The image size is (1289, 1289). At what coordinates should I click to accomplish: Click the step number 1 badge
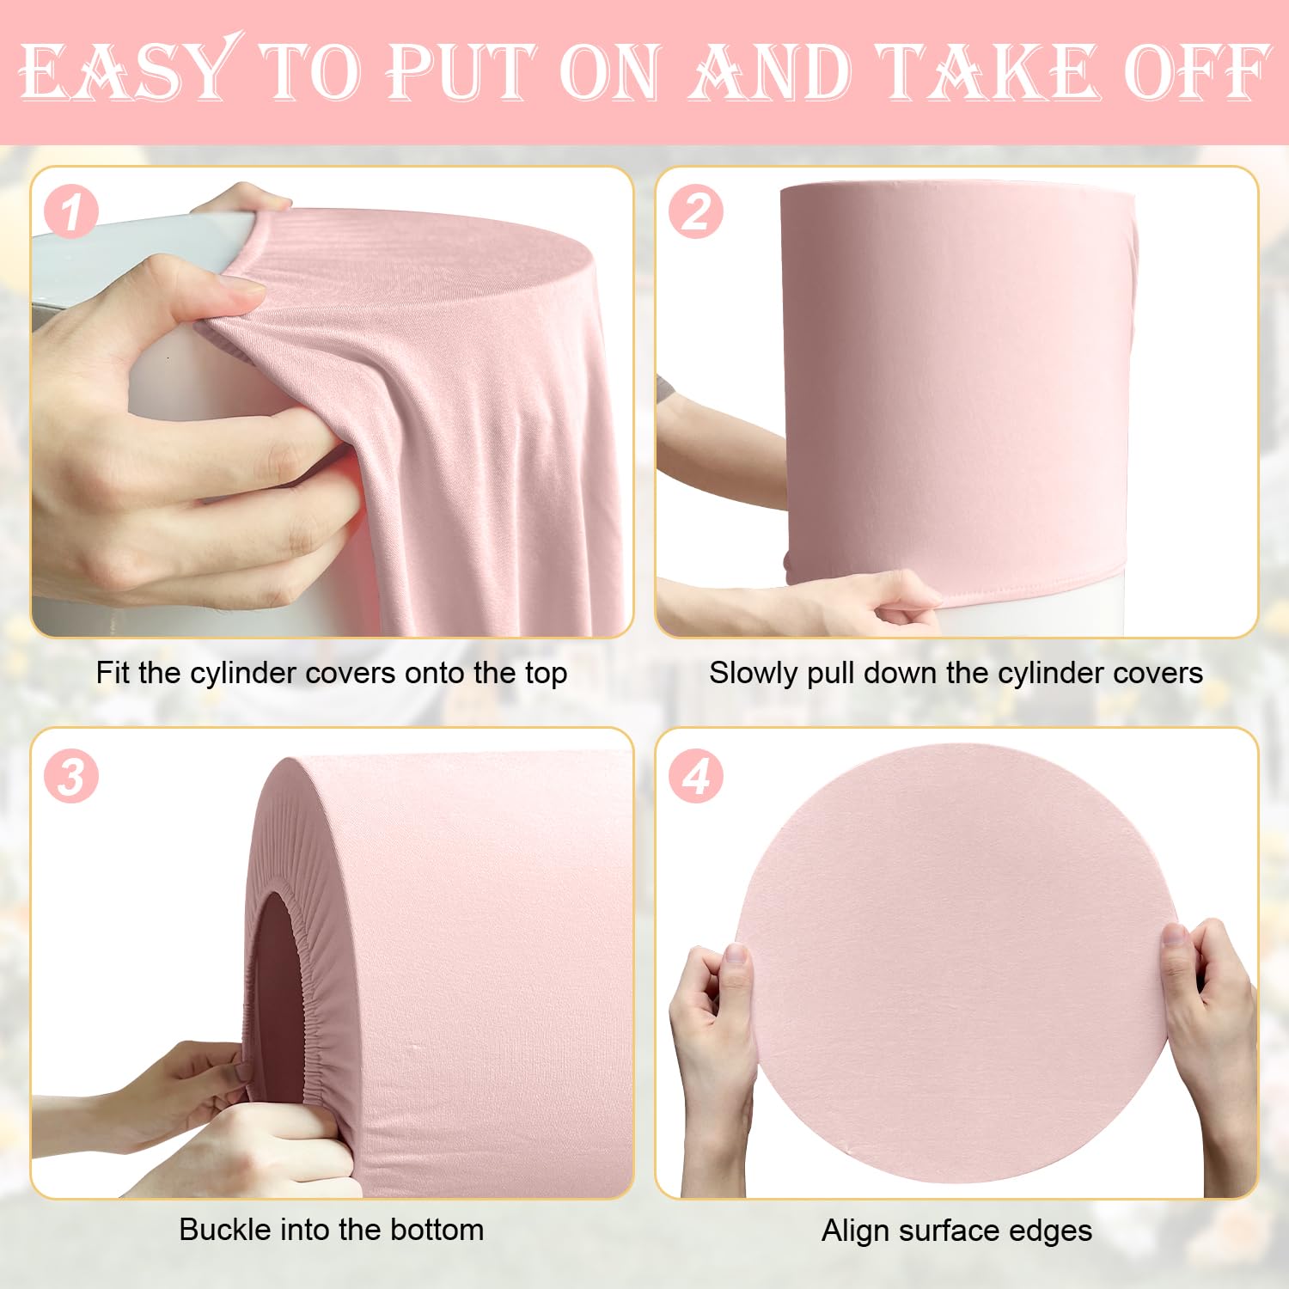tap(71, 212)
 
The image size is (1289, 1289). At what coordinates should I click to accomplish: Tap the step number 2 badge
tap(695, 212)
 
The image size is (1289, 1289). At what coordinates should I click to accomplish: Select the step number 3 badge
tap(71, 777)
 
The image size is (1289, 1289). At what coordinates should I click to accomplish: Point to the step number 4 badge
tap(695, 777)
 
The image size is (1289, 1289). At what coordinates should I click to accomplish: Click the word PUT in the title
tap(460, 72)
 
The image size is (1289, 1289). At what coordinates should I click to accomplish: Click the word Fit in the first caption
tap(113, 673)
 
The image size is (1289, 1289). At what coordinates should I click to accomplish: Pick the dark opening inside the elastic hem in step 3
tap(277, 971)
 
